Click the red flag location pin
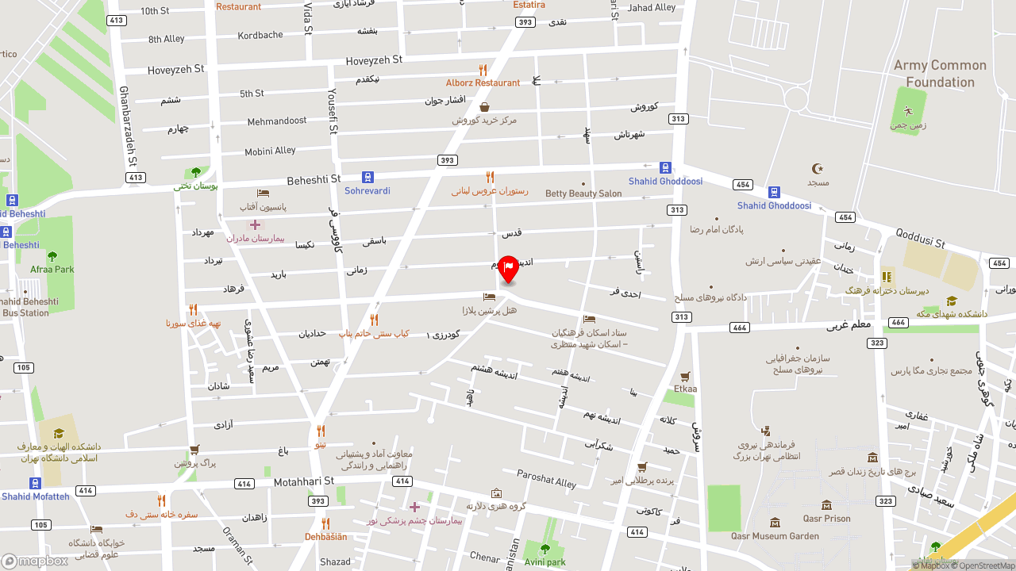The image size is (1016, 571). [x=508, y=268]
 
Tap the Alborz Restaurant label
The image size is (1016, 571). [x=483, y=82]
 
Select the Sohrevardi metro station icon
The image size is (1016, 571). [x=368, y=177]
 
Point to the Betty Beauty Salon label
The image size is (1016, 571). [x=583, y=194]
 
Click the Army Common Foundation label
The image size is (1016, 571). [x=940, y=74]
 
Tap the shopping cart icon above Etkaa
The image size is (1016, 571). [x=684, y=376]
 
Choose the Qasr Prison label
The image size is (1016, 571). [x=826, y=519]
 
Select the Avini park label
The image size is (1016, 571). [x=545, y=562]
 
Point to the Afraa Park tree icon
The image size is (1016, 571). [x=52, y=256]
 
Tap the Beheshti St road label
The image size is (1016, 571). [x=314, y=179]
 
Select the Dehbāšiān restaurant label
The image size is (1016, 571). [x=325, y=537]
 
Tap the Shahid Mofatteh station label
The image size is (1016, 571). [x=35, y=496]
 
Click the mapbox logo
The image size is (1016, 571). [x=35, y=561]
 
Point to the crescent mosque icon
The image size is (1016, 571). [x=818, y=168]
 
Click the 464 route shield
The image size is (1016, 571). [x=740, y=328]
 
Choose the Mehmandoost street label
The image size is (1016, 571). [x=276, y=121]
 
